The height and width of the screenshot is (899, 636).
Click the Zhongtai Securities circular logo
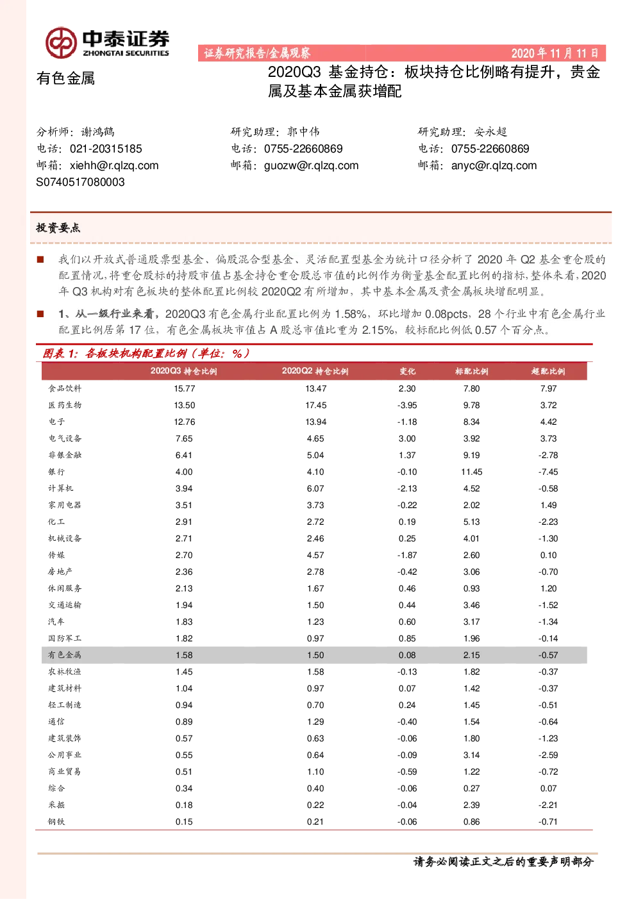click(61, 42)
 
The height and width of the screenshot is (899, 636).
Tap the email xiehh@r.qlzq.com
click(114, 165)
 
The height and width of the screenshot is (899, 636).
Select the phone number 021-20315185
click(106, 149)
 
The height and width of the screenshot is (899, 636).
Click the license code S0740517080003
click(80, 182)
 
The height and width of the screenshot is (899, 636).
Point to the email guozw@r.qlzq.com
click(311, 165)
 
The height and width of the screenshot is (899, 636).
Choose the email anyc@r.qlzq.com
click(494, 165)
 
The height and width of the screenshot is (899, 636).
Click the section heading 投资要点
click(58, 227)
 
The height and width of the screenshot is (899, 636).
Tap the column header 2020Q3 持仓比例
click(184, 371)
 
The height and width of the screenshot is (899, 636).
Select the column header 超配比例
click(548, 371)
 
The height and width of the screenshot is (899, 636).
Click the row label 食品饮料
click(65, 388)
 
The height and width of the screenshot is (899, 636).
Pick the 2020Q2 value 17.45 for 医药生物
click(315, 406)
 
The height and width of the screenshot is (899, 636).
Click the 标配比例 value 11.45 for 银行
click(471, 472)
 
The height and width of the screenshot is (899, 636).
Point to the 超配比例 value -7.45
click(548, 472)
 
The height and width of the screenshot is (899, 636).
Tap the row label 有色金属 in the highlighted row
click(65, 655)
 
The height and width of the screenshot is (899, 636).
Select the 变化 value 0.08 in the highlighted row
click(407, 655)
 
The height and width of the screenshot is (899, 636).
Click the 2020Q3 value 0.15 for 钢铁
click(184, 821)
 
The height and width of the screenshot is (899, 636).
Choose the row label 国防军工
click(65, 638)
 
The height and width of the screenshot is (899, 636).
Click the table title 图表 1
click(60, 354)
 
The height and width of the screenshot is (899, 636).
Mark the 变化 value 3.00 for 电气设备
click(407, 439)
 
